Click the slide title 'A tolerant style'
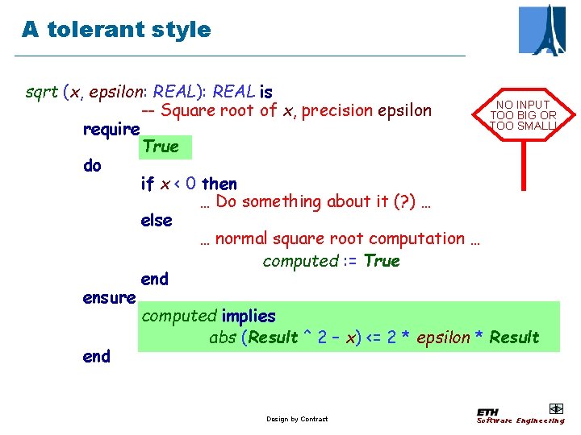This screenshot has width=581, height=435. click(116, 30)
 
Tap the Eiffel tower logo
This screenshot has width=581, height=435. click(541, 30)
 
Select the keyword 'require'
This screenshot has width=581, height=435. click(111, 129)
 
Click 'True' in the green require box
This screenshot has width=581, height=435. click(160, 147)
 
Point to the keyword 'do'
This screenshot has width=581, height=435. click(92, 166)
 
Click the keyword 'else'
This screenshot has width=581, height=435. click(157, 220)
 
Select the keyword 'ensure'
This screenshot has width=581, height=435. click(109, 298)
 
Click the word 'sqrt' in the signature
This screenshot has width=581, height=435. click(41, 92)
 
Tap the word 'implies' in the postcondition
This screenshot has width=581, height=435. click(249, 317)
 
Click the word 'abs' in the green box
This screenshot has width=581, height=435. click(222, 338)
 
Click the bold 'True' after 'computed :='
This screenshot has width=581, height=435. click(382, 261)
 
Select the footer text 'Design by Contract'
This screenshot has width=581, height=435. click(297, 419)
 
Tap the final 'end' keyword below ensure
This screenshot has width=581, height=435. click(96, 356)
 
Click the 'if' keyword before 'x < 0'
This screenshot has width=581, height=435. click(147, 184)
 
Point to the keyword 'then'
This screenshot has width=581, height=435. click(219, 184)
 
